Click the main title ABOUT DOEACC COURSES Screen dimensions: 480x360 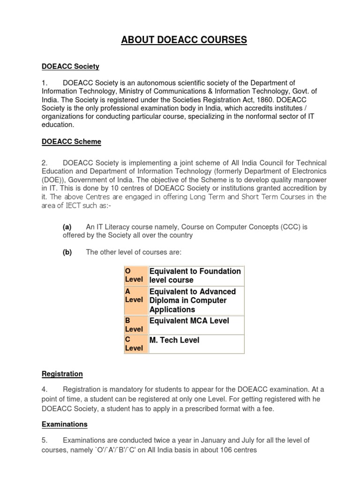(184, 40)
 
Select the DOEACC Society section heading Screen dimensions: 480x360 (70, 67)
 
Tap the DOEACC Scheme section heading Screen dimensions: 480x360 (71, 141)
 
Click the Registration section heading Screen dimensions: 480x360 (62, 374)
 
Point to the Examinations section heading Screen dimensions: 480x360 (65, 424)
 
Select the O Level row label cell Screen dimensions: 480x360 (134, 275)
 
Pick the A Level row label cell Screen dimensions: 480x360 (134, 295)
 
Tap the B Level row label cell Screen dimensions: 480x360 (134, 325)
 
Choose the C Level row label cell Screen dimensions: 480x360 (134, 344)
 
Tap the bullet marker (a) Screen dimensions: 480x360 (67, 227)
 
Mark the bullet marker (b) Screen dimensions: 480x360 (67, 252)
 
